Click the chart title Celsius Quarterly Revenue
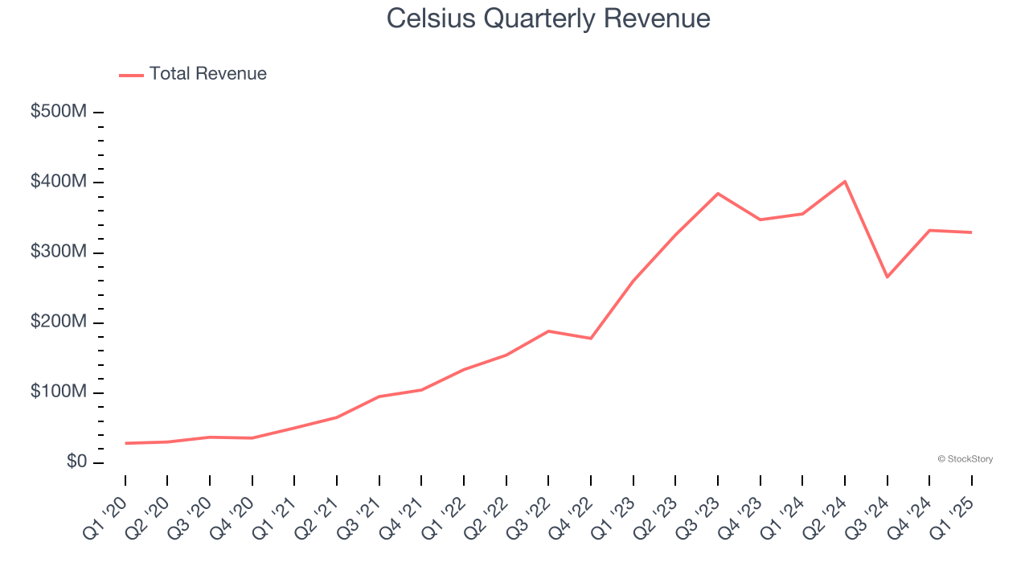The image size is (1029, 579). [548, 18]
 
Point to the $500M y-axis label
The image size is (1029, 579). [59, 112]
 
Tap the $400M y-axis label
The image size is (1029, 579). [59, 182]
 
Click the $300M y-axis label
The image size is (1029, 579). [59, 252]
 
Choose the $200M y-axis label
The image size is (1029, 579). [59, 322]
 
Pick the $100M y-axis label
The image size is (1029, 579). [59, 392]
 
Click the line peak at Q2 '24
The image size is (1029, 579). [845, 182]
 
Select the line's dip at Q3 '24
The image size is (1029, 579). [888, 277]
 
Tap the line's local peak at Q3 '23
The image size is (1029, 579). [718, 194]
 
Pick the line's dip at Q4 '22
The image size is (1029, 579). [591, 338]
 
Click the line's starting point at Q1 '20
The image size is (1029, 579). [125, 443]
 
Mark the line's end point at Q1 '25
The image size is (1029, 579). [972, 232]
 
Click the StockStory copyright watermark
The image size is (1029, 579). [965, 459]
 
